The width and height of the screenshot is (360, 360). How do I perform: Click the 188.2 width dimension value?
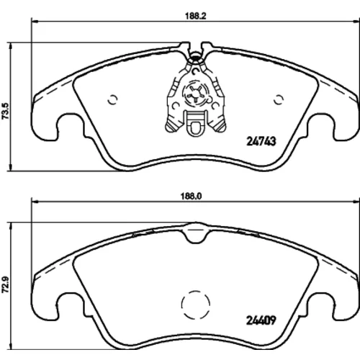click(196, 16)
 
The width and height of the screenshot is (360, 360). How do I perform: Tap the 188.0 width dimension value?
click(191, 196)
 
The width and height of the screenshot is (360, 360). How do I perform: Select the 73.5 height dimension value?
click(5, 111)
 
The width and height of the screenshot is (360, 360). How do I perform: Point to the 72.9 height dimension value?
click(5, 284)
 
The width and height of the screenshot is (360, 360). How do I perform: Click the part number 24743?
click(261, 141)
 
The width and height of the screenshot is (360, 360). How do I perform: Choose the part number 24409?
click(261, 320)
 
